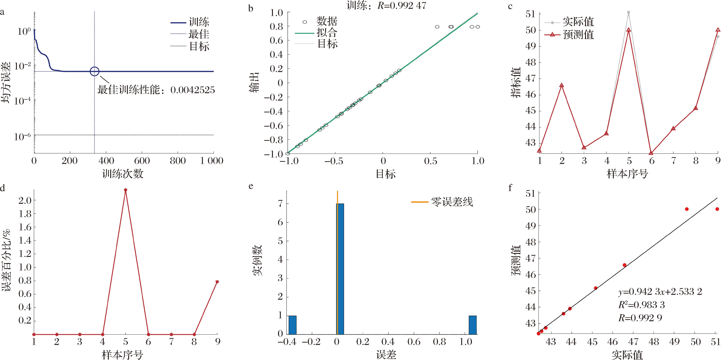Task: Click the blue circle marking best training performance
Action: [x=95, y=71]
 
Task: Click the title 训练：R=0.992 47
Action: [x=386, y=6]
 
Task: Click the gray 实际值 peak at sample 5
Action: [x=629, y=12]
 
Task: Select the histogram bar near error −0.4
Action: [x=292, y=325]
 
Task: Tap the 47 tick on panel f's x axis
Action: [x=633, y=342]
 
